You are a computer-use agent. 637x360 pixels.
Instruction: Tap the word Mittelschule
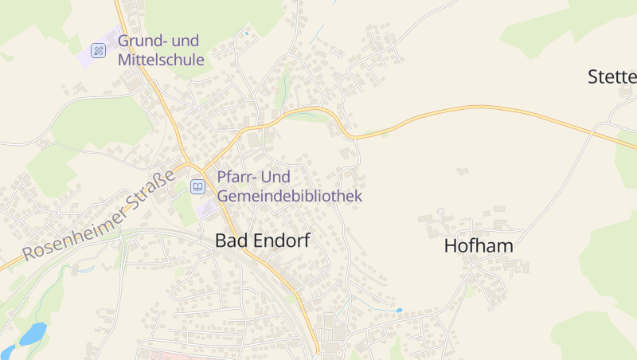tap(161, 60)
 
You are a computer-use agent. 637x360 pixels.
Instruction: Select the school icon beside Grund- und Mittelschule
tap(99, 50)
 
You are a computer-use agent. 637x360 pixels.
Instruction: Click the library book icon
tap(197, 186)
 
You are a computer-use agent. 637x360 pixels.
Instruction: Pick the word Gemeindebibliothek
tap(290, 196)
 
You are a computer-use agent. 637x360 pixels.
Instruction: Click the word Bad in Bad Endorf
tap(230, 241)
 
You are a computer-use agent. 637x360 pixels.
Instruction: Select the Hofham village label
tap(479, 246)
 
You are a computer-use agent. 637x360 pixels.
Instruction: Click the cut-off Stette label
tap(612, 77)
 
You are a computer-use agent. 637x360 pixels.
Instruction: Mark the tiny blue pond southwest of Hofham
tap(399, 310)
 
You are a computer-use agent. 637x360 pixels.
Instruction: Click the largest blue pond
tap(33, 333)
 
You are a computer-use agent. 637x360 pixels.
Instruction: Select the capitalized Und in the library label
tap(278, 177)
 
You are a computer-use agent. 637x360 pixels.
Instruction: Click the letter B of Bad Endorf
tap(221, 241)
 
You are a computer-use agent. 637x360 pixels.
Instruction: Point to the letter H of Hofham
tap(450, 246)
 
